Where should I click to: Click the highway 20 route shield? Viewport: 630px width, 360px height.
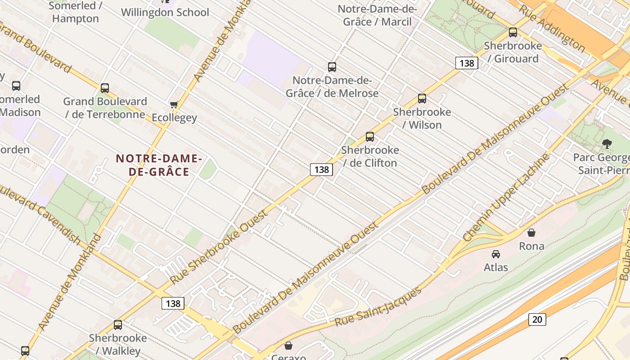[x=537, y=319]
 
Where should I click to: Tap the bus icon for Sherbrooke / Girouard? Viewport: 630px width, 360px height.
[x=513, y=32]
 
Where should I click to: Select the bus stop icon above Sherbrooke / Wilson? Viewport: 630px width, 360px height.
[x=422, y=99]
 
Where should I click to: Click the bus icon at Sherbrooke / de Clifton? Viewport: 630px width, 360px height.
[x=369, y=137]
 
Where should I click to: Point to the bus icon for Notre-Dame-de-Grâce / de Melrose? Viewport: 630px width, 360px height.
[x=332, y=67]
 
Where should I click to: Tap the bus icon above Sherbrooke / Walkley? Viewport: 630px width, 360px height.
[x=117, y=324]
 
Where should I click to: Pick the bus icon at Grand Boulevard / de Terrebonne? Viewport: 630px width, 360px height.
[x=105, y=88]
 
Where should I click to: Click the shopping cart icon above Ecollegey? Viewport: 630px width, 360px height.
[x=174, y=105]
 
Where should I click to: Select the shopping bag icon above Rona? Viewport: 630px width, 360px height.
[x=531, y=233]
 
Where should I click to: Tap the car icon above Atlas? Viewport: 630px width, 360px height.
[x=495, y=254]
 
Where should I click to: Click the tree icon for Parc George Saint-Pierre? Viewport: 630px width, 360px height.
[x=607, y=144]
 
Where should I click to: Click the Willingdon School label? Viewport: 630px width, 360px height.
[x=165, y=12]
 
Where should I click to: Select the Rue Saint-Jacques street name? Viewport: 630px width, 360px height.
[x=378, y=307]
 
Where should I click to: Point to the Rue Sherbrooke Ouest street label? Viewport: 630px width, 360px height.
[x=219, y=247]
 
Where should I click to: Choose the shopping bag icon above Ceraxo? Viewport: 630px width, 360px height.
[x=288, y=346]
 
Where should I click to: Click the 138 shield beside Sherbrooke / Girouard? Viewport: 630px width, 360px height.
[x=466, y=63]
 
